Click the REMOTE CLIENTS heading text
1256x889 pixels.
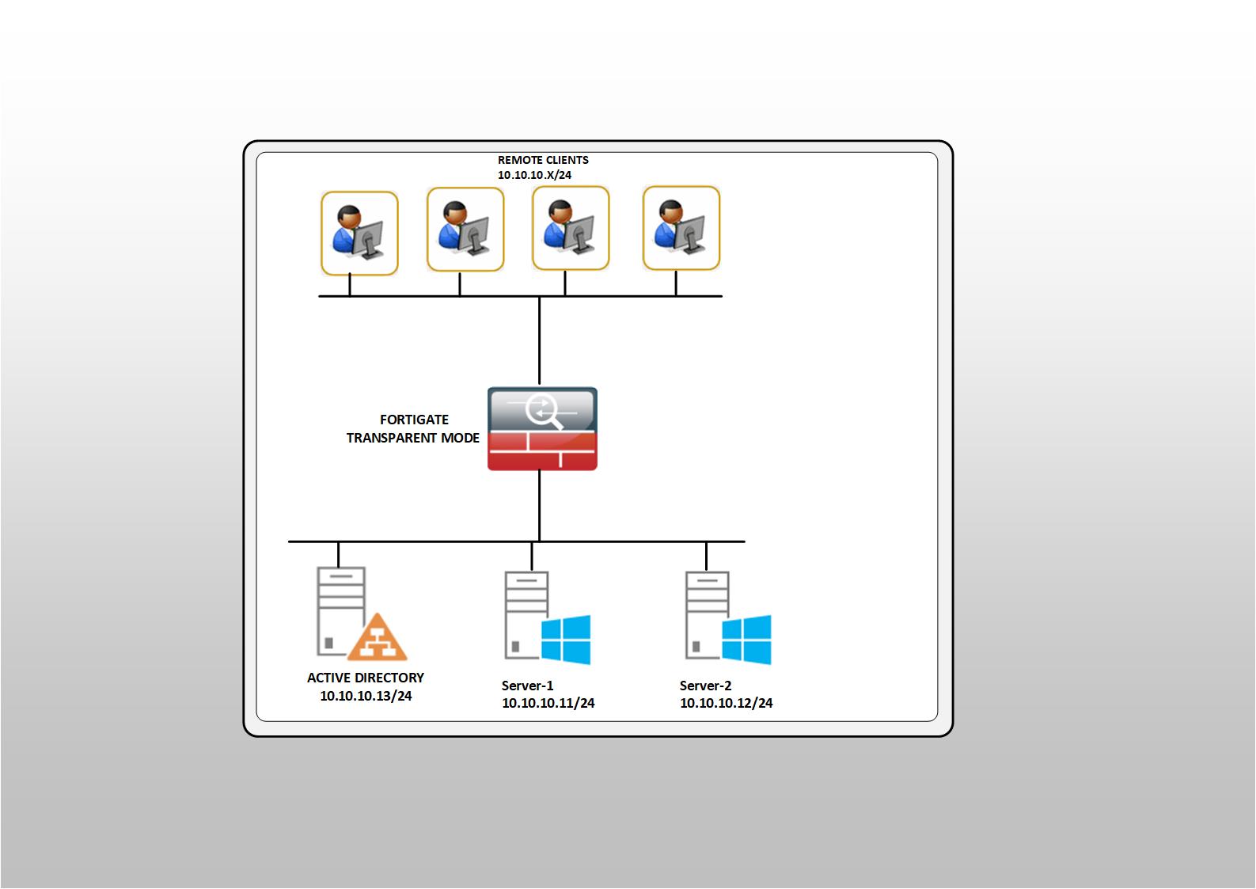543,160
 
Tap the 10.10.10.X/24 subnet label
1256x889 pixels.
534,175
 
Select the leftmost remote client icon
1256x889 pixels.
359,234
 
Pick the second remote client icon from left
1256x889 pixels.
465,230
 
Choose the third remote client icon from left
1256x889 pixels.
571,228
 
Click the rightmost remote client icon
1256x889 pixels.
681,228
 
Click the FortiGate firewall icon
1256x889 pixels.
542,429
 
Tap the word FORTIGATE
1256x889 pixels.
414,420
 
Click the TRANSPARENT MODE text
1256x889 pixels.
413,438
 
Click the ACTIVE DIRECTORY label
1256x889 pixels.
366,678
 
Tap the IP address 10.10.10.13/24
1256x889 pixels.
366,696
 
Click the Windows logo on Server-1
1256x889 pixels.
566,640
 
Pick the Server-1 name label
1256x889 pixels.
527,686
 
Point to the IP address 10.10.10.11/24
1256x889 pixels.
548,703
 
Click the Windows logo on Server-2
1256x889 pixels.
746,640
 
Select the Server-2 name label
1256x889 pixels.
705,686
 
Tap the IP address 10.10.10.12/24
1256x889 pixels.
727,703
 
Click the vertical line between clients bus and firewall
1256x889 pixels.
540,341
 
